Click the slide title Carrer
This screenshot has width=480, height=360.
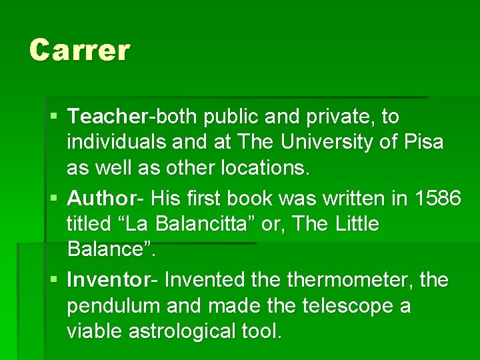(x=80, y=50)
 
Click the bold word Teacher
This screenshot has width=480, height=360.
(x=107, y=117)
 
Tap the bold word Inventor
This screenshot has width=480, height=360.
(x=109, y=280)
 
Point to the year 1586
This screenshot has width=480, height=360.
(x=437, y=198)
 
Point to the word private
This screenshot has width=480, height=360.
(x=341, y=117)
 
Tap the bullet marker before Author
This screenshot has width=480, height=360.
(x=54, y=199)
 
